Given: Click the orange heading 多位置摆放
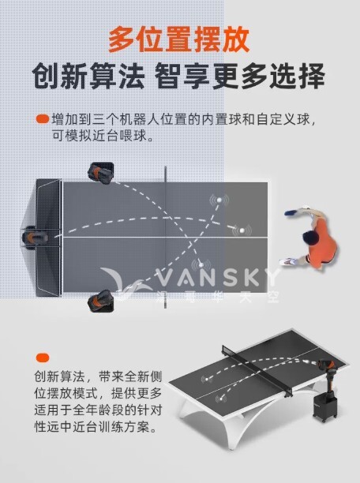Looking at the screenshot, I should click(x=179, y=37).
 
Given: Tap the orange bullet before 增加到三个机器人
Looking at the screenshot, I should click(x=42, y=119).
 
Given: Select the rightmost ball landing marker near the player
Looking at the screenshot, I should click(x=241, y=230).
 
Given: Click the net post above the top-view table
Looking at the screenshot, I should click(x=167, y=171).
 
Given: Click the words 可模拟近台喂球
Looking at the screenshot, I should click(x=99, y=136).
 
